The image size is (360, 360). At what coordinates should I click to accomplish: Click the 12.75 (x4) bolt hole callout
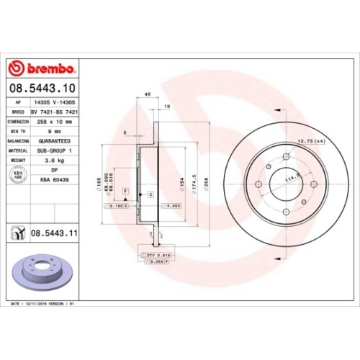click(312, 140)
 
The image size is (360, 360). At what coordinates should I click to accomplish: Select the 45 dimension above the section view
click(147, 94)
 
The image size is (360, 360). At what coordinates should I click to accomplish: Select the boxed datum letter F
click(125, 189)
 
